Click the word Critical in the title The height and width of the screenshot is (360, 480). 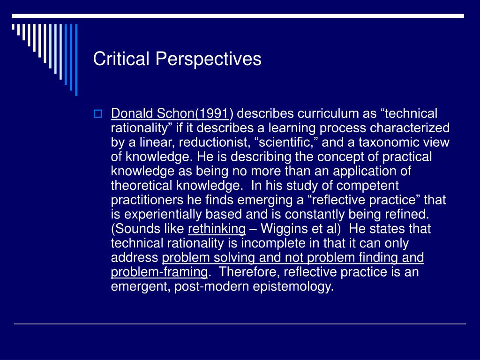121,58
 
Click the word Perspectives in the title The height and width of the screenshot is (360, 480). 209,59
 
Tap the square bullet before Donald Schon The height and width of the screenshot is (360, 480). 97,114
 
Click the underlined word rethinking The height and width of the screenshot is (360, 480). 217,229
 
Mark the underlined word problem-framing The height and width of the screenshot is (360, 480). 159,272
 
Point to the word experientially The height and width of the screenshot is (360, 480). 163,215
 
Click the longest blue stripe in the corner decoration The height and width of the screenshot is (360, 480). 76,60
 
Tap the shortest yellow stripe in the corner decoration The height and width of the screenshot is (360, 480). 13,27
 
